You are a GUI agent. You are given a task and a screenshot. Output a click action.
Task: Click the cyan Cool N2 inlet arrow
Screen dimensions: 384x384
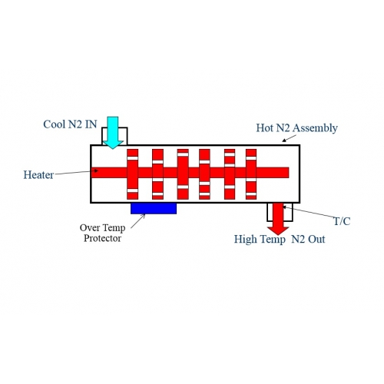click(x=112, y=132)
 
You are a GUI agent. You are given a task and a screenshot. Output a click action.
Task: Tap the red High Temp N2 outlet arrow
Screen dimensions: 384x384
click(x=278, y=218)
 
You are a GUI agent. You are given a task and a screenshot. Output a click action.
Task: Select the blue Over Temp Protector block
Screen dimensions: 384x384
click(x=154, y=208)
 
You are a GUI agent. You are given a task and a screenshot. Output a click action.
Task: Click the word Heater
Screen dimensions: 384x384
click(x=38, y=175)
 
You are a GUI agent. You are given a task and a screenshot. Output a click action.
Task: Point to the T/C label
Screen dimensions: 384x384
click(x=343, y=221)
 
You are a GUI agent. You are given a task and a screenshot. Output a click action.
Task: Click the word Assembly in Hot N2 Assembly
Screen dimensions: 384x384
click(x=315, y=128)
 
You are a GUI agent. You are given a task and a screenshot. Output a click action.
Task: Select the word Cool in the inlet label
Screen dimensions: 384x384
click(x=54, y=124)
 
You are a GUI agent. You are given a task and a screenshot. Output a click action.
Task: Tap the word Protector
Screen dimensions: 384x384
click(x=102, y=238)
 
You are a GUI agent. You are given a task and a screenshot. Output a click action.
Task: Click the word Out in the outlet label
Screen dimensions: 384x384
click(x=316, y=240)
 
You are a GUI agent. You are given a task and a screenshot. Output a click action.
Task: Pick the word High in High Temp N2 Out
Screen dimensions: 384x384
click(x=245, y=240)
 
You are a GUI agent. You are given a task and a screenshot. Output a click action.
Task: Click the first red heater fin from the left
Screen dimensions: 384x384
click(x=132, y=174)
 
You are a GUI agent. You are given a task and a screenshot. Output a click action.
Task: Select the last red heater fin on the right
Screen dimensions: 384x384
click(x=251, y=174)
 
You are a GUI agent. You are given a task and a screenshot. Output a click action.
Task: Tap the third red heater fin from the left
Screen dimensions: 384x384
click(x=183, y=174)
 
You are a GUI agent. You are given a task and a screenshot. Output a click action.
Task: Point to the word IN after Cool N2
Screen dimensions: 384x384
click(x=91, y=124)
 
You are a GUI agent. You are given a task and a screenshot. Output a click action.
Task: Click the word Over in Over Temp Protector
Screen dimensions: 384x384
click(x=90, y=227)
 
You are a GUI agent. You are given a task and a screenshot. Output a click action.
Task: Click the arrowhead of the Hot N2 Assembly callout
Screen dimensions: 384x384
click(x=284, y=141)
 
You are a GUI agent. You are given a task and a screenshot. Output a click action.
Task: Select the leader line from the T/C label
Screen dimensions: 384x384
click(x=309, y=212)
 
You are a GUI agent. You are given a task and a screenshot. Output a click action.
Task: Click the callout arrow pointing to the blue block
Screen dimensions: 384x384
click(x=138, y=221)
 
